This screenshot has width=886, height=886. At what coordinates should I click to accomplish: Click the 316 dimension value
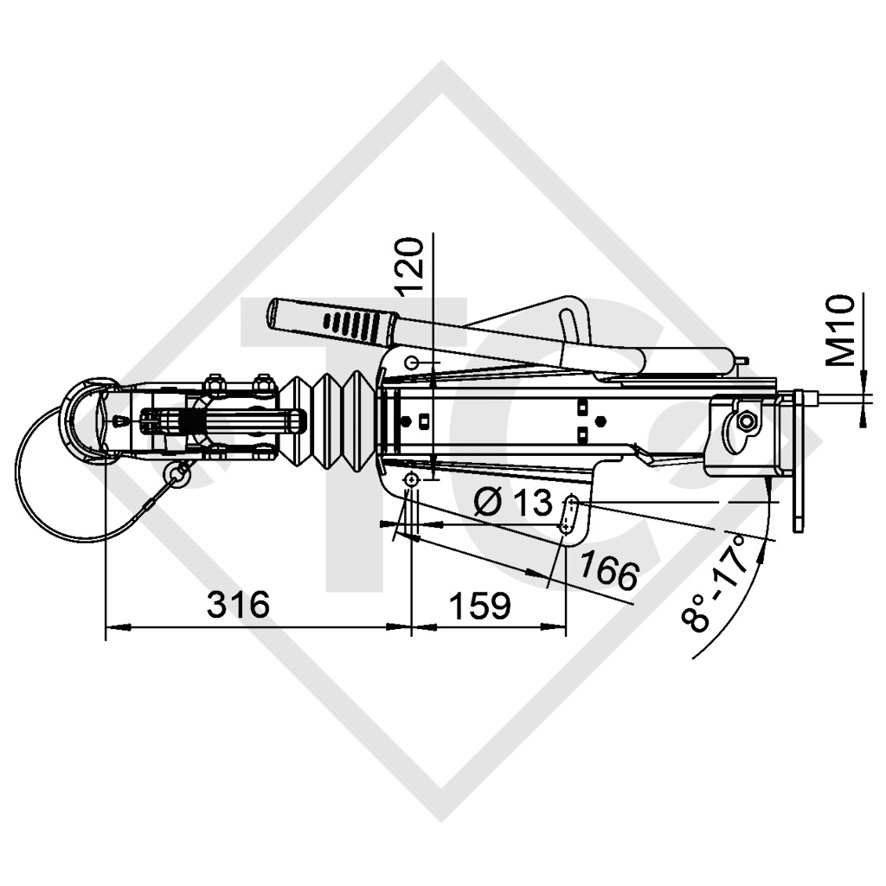click(238, 605)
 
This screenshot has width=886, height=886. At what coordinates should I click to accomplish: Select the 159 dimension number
click(479, 606)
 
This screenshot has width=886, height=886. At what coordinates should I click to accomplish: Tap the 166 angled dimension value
click(608, 572)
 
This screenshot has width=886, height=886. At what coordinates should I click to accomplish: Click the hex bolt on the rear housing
click(744, 421)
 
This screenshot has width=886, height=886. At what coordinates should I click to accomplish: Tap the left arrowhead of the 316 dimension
click(112, 626)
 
